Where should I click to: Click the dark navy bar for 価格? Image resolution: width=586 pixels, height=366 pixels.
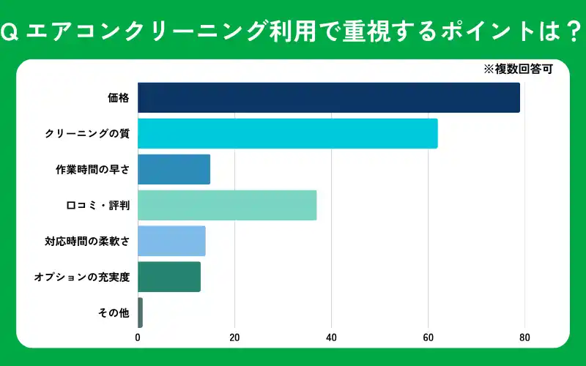point(329,97)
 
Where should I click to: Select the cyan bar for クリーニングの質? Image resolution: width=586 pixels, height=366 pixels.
point(287,133)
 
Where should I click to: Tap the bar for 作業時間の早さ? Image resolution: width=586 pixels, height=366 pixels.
point(174,169)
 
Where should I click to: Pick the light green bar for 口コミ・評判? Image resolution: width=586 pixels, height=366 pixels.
point(227,205)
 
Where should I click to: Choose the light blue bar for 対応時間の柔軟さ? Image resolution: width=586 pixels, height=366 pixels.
point(171,241)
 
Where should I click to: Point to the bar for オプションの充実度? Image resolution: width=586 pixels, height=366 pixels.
point(169,277)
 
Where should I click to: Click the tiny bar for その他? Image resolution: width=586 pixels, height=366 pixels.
point(140,313)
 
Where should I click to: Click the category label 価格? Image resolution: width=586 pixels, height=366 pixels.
point(117,97)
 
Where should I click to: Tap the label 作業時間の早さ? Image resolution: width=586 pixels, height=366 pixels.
point(93,169)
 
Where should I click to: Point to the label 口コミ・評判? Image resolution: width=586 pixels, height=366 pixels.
point(98,205)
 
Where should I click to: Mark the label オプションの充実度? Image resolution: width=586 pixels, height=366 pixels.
point(81,277)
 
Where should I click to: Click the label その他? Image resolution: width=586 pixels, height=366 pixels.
point(114,313)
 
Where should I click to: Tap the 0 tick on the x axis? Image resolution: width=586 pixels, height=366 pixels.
point(138,337)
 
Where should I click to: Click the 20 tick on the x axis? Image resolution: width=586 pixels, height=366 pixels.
point(234,337)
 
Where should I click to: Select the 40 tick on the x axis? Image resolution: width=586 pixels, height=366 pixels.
point(331,337)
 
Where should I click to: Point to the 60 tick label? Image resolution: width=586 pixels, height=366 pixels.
point(428,337)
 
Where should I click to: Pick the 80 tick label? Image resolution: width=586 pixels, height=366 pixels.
point(524,337)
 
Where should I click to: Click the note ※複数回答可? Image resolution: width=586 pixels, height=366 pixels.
point(517,70)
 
